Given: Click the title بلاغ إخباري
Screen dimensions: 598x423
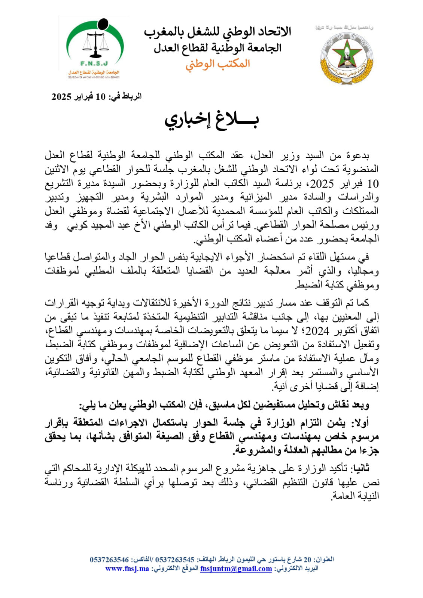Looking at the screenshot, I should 211,120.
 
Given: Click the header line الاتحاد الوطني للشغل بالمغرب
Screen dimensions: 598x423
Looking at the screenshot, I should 217,33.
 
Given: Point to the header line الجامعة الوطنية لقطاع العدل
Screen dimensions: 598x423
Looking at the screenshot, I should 217,48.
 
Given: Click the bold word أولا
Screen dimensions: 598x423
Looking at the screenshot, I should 360,423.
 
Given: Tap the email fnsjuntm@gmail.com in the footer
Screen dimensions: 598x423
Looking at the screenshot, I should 236,569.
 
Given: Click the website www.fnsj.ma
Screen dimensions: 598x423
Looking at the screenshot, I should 127,569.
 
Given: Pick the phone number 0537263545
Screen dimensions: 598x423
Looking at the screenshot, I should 175,560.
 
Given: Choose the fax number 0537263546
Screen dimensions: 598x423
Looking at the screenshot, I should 109,560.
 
